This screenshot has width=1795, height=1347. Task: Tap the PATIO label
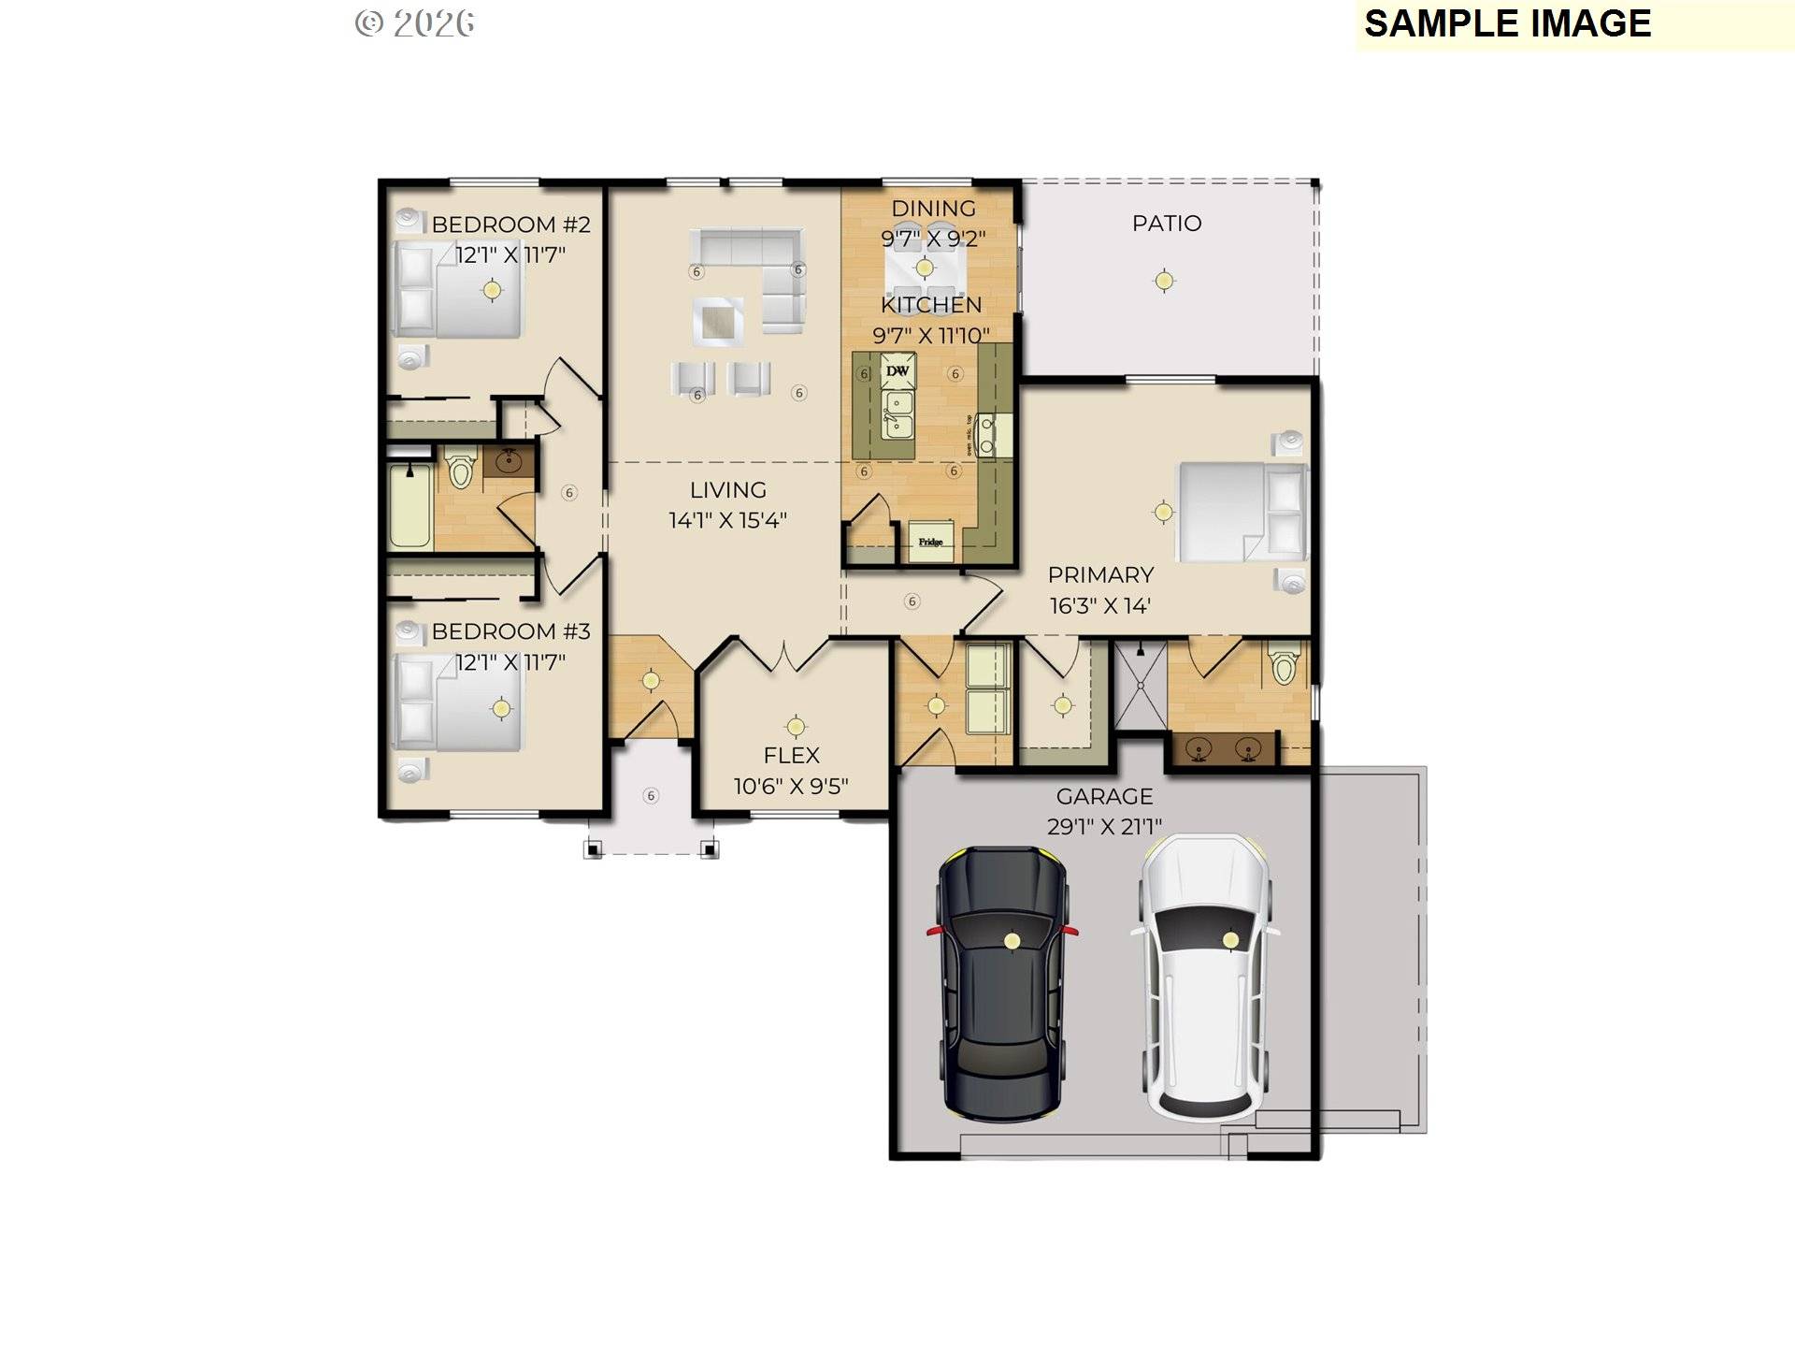pyautogui.click(x=1166, y=224)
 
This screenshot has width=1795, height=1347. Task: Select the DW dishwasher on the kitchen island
pyautogui.click(x=897, y=371)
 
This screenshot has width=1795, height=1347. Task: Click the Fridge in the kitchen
pyautogui.click(x=930, y=542)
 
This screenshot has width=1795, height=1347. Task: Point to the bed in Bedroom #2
pyautogui.click(x=458, y=290)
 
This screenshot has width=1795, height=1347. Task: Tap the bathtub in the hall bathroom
pyautogui.click(x=409, y=505)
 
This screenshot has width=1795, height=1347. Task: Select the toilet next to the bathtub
pyautogui.click(x=459, y=469)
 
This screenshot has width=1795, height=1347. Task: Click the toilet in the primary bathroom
pyautogui.click(x=1285, y=663)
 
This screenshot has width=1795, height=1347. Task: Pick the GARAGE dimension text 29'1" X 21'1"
pyautogui.click(x=1104, y=827)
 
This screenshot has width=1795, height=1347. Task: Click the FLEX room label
pyautogui.click(x=791, y=755)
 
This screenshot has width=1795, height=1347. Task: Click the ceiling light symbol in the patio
pyautogui.click(x=1164, y=280)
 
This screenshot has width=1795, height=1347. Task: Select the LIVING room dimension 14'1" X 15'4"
pyautogui.click(x=727, y=521)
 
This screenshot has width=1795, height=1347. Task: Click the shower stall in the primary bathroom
pyautogui.click(x=1141, y=685)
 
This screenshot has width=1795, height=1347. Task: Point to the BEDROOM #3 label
pyautogui.click(x=510, y=631)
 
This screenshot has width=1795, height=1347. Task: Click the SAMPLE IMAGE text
pyautogui.click(x=1507, y=23)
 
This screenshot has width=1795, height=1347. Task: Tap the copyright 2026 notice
pyautogui.click(x=414, y=23)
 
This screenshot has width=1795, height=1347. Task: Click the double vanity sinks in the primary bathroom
pyautogui.click(x=1223, y=749)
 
